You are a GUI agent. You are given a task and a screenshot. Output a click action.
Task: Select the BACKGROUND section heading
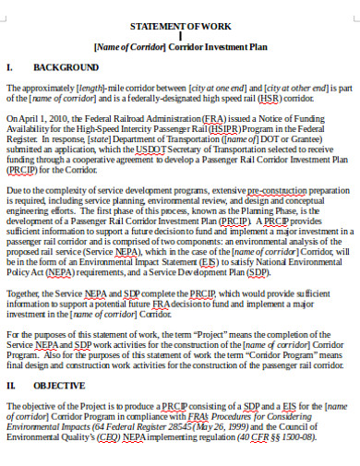[66, 69]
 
